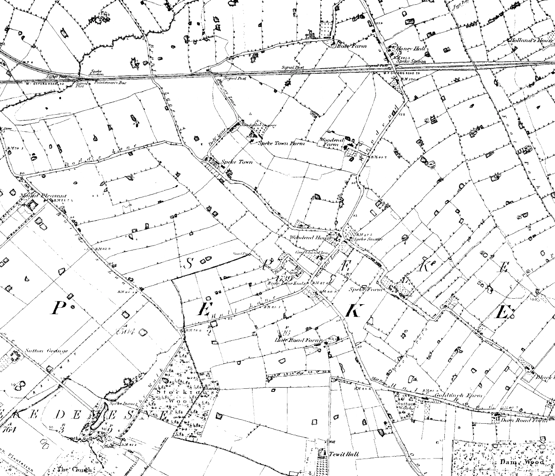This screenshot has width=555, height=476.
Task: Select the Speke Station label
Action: tap(413, 61)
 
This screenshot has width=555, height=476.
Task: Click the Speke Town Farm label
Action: tap(281, 143)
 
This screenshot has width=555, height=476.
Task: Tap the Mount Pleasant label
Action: tap(43, 196)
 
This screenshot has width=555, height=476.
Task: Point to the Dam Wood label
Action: tap(517, 462)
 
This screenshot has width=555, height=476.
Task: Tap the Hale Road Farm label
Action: tap(299, 340)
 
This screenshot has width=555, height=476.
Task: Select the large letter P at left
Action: tap(58, 308)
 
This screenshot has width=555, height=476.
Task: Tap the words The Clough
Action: tap(74, 469)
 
